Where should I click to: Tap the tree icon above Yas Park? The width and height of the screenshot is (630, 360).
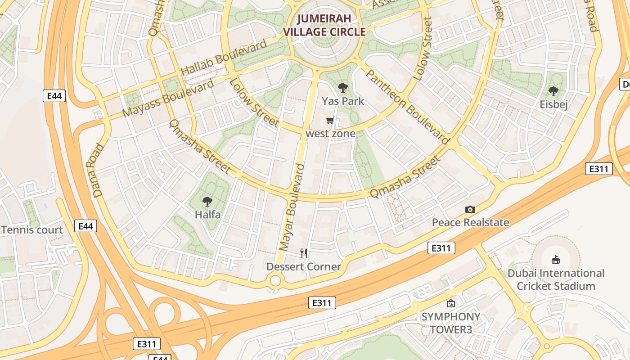[x=342, y=88]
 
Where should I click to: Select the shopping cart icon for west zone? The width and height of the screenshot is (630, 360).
[x=330, y=120]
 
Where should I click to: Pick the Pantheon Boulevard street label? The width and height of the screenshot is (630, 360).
[x=407, y=107]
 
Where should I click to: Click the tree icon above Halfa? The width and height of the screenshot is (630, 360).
[x=207, y=201]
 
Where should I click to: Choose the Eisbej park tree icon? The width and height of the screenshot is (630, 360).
[x=553, y=91]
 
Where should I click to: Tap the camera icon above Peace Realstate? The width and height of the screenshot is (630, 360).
[x=470, y=209]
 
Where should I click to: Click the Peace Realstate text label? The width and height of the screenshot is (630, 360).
[x=470, y=222]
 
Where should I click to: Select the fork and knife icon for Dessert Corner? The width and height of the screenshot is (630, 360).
[x=304, y=253]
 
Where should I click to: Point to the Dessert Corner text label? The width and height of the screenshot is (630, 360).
[x=304, y=267]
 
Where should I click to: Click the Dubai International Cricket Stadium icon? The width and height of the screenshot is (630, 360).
[x=556, y=260]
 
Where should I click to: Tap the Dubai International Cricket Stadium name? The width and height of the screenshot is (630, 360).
[x=556, y=279]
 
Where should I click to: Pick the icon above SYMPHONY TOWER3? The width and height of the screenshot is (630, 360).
[x=450, y=304]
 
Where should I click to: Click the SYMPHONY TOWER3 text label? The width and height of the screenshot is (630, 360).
[x=450, y=323]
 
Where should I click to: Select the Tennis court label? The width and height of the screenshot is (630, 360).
[x=32, y=230]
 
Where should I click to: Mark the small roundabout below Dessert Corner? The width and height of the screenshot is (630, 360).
[x=275, y=281]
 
